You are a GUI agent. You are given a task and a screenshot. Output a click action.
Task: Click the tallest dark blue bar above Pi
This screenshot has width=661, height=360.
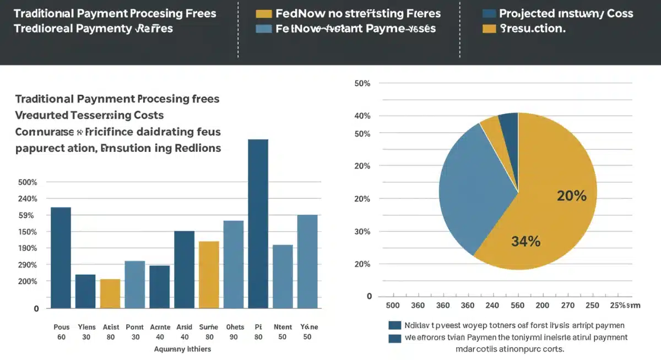coord(258,223)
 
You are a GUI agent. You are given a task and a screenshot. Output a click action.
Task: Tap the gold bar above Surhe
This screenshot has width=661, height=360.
coord(209,274)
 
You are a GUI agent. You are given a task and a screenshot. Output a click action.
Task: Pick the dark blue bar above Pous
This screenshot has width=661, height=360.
coord(61,257)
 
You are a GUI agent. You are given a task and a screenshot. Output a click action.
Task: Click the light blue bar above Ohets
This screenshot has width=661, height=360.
coord(234,264)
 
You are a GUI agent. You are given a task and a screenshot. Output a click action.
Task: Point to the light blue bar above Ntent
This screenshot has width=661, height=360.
coord(283,276)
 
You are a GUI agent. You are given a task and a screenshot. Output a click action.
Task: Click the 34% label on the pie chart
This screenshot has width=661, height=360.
coord(525,241)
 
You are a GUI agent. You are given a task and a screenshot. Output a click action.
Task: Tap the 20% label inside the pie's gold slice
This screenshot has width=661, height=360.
coord(571,195)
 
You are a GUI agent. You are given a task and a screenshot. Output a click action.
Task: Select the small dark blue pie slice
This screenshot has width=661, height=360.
coord(510,127)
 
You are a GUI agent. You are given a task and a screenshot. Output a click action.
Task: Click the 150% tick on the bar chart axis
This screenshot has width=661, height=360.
coord(28,232)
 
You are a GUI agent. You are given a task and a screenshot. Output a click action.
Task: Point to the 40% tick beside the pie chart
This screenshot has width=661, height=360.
coord(362,116)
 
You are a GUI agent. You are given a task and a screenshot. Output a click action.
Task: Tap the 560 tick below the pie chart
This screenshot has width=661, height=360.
coord(517,306)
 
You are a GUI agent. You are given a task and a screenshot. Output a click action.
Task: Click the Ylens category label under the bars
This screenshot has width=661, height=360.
coord(86,326)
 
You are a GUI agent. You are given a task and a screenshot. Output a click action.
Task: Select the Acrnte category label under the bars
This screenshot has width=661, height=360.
coord(160,326)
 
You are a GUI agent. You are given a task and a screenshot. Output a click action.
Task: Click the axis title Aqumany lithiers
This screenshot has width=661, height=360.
coord(182,349)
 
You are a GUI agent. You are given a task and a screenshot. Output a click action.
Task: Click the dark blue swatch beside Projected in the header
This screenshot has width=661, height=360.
coord(489,14)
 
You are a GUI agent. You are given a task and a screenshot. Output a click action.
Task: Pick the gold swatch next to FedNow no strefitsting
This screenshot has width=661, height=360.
coord(264,14)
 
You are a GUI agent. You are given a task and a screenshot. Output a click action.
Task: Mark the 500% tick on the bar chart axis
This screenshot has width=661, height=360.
coord(28,182)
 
